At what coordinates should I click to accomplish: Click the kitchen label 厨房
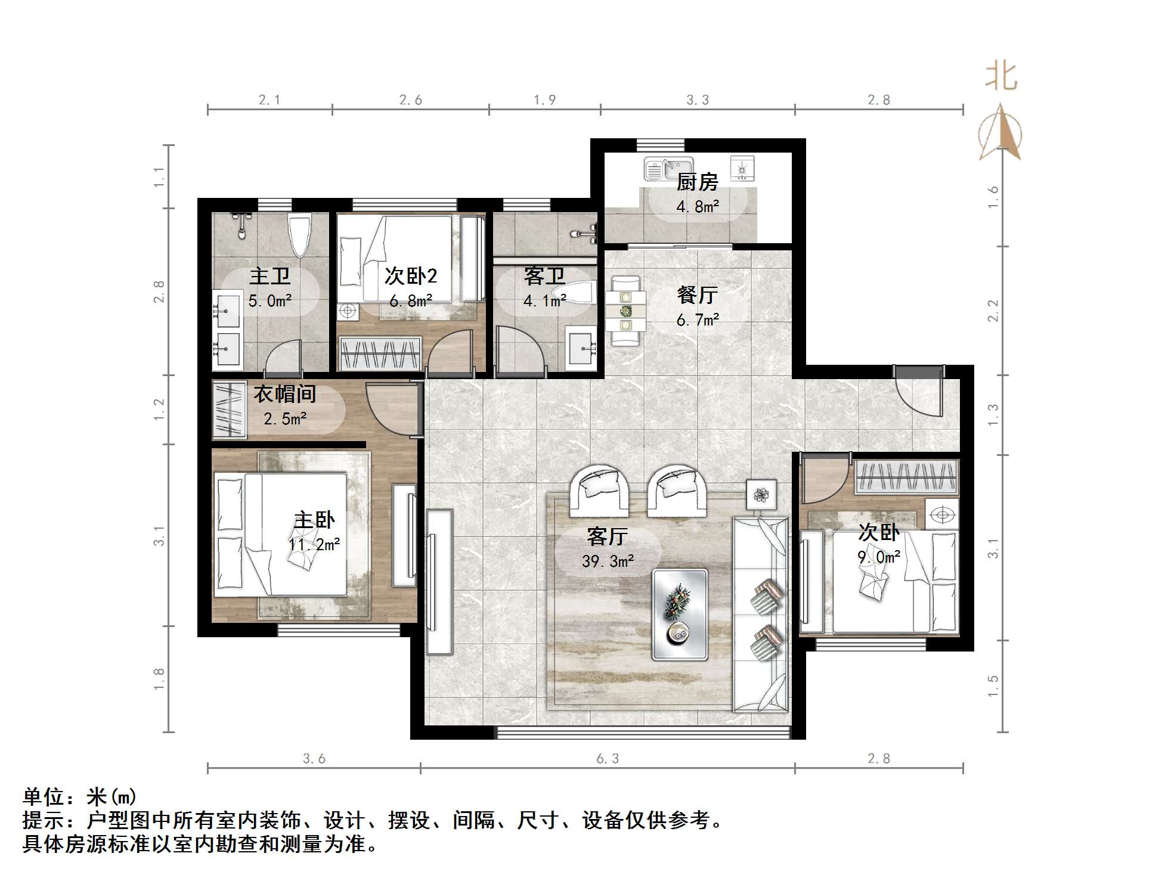click(x=696, y=182)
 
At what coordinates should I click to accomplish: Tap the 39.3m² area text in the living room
click(x=608, y=561)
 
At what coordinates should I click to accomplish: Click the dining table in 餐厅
click(x=625, y=310)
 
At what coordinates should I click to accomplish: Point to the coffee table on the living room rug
click(x=679, y=615)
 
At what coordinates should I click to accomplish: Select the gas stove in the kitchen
click(x=742, y=168)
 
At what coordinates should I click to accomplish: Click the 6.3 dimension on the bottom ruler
click(x=607, y=759)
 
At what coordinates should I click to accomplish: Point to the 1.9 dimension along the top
click(x=544, y=100)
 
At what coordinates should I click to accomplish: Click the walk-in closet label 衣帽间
click(x=284, y=394)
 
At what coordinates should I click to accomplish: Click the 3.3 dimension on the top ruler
click(x=697, y=100)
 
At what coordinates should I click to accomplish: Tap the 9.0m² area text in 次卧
click(x=878, y=557)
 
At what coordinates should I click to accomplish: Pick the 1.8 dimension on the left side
click(x=159, y=678)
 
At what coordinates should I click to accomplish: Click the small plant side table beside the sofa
click(x=761, y=494)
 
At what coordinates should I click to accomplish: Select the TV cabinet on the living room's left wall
click(x=439, y=582)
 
